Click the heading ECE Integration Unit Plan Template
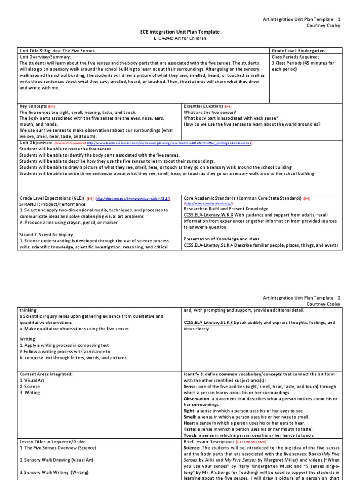point(180,32)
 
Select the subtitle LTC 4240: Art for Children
point(180,38)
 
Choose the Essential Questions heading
point(203,106)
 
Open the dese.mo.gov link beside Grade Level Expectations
point(133,198)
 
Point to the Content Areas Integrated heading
point(46,374)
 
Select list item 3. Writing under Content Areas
point(30,393)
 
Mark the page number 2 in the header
point(339,298)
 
